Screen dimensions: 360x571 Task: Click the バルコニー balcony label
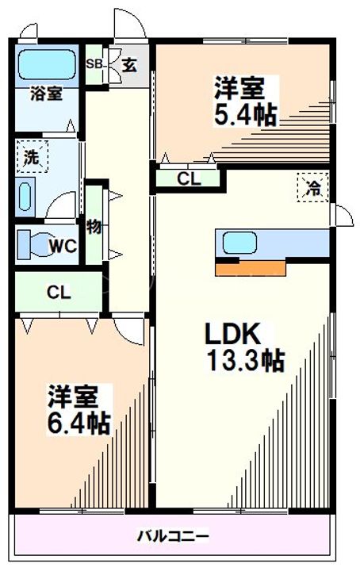click(x=173, y=535)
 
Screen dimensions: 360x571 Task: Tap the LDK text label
click(x=232, y=334)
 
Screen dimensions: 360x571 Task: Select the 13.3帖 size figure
click(x=245, y=360)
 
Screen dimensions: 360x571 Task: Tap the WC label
click(x=63, y=247)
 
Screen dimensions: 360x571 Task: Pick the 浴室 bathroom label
click(x=46, y=94)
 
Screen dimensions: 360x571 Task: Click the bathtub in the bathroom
click(x=47, y=65)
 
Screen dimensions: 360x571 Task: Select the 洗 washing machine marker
click(x=32, y=157)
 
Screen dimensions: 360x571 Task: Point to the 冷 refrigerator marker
click(x=313, y=187)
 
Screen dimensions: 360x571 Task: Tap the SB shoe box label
click(x=94, y=64)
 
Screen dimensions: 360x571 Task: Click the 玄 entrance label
click(x=129, y=65)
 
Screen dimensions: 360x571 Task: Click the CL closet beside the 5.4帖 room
click(x=189, y=178)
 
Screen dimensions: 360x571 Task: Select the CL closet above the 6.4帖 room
click(x=59, y=292)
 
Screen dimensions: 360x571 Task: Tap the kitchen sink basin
click(x=239, y=243)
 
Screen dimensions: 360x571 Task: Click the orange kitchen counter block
click(x=251, y=268)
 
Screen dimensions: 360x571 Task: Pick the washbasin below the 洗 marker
click(x=25, y=197)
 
